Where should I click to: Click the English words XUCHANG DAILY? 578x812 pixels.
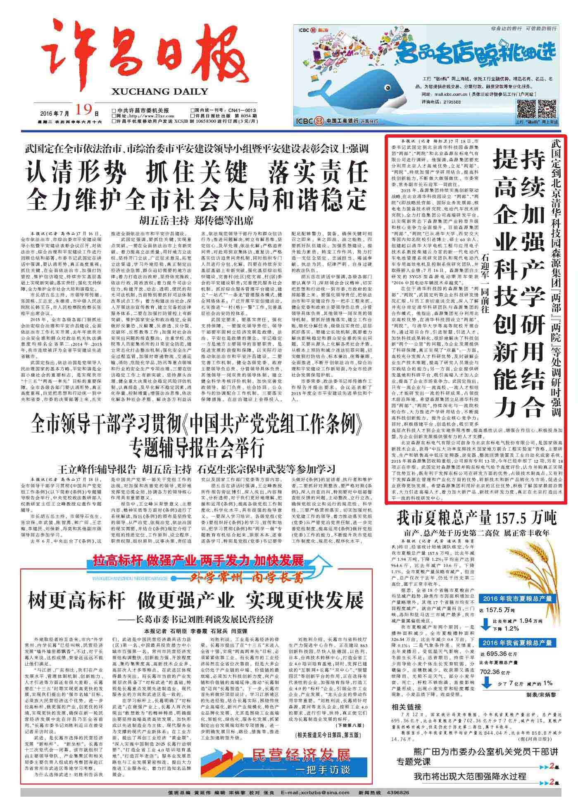pos(159,91)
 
